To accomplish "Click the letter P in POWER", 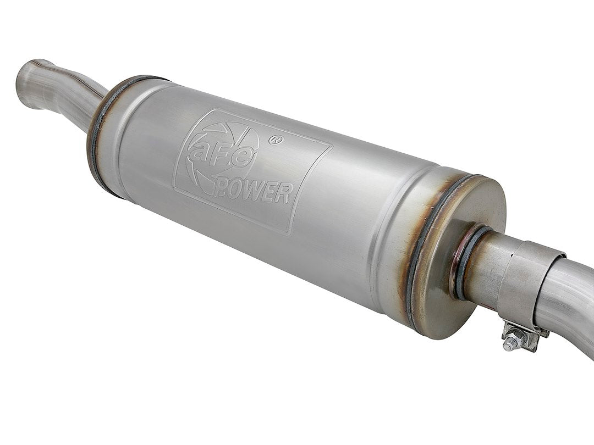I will (x=223, y=189).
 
